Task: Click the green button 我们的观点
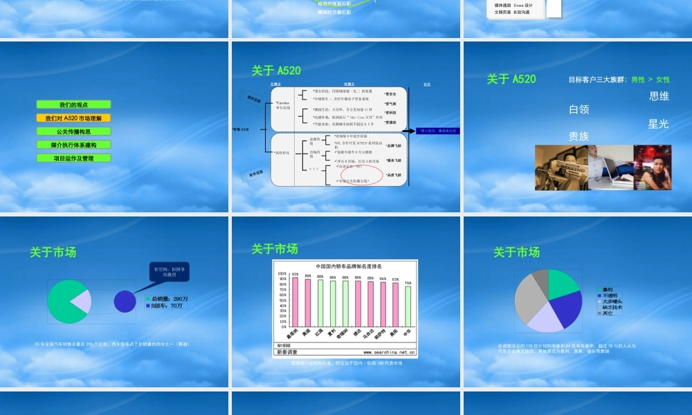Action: [x=73, y=105]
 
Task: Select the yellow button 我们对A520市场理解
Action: [x=73, y=118]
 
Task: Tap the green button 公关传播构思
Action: [x=73, y=131]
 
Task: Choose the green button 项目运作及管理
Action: [x=73, y=158]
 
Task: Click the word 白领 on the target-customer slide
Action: [x=579, y=109]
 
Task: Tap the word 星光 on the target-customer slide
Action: [x=658, y=124]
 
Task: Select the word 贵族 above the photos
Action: [x=579, y=136]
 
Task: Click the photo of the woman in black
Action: [x=652, y=167]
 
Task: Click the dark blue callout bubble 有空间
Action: [x=168, y=271]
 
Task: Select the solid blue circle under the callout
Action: [x=125, y=301]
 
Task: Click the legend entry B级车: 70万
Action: [x=166, y=305]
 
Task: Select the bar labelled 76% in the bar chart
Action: [x=408, y=306]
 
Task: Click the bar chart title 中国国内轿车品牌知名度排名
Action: [x=349, y=266]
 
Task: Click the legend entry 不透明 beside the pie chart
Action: [x=610, y=295]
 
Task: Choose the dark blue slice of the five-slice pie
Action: [x=567, y=308]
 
